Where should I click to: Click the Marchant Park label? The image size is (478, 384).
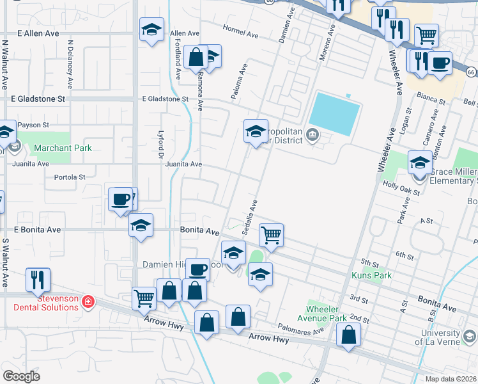(63, 148)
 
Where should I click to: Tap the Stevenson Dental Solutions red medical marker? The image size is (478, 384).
(88, 301)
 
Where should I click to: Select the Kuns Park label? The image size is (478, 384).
(371, 275)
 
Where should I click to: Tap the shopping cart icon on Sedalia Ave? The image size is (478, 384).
(271, 235)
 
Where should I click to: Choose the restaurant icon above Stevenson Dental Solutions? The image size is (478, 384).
(36, 278)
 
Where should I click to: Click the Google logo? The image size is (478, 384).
(21, 376)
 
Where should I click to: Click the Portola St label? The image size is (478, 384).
(70, 177)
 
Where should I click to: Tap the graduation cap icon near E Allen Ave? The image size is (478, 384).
(152, 29)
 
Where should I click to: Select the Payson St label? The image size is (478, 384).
(33, 125)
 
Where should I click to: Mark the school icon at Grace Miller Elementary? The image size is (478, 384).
(419, 163)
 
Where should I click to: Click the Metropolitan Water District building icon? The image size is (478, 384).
(312, 134)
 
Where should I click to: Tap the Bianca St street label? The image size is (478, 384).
(432, 101)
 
